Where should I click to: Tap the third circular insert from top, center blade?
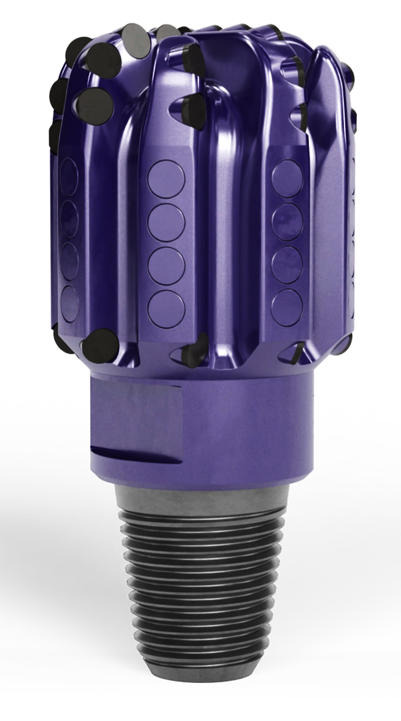166,266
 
